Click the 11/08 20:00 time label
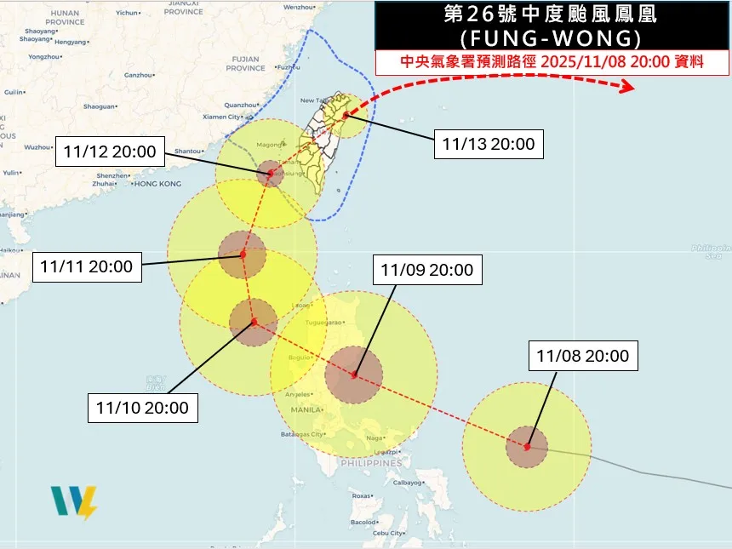coord(583,356)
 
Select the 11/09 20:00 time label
coord(426,271)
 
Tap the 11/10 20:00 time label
coord(143,408)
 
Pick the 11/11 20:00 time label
coord(87,266)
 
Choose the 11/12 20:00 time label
coord(110,153)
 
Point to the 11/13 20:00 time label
coord(489,144)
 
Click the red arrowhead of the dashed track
coord(628,87)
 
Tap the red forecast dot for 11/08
coord(528,446)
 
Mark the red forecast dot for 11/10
coord(254,322)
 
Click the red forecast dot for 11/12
coord(271,174)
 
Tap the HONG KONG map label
coord(158,184)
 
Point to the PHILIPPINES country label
coord(370,464)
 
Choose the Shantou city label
coord(187,152)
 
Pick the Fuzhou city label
coord(289,67)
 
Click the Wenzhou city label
coord(299,7)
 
